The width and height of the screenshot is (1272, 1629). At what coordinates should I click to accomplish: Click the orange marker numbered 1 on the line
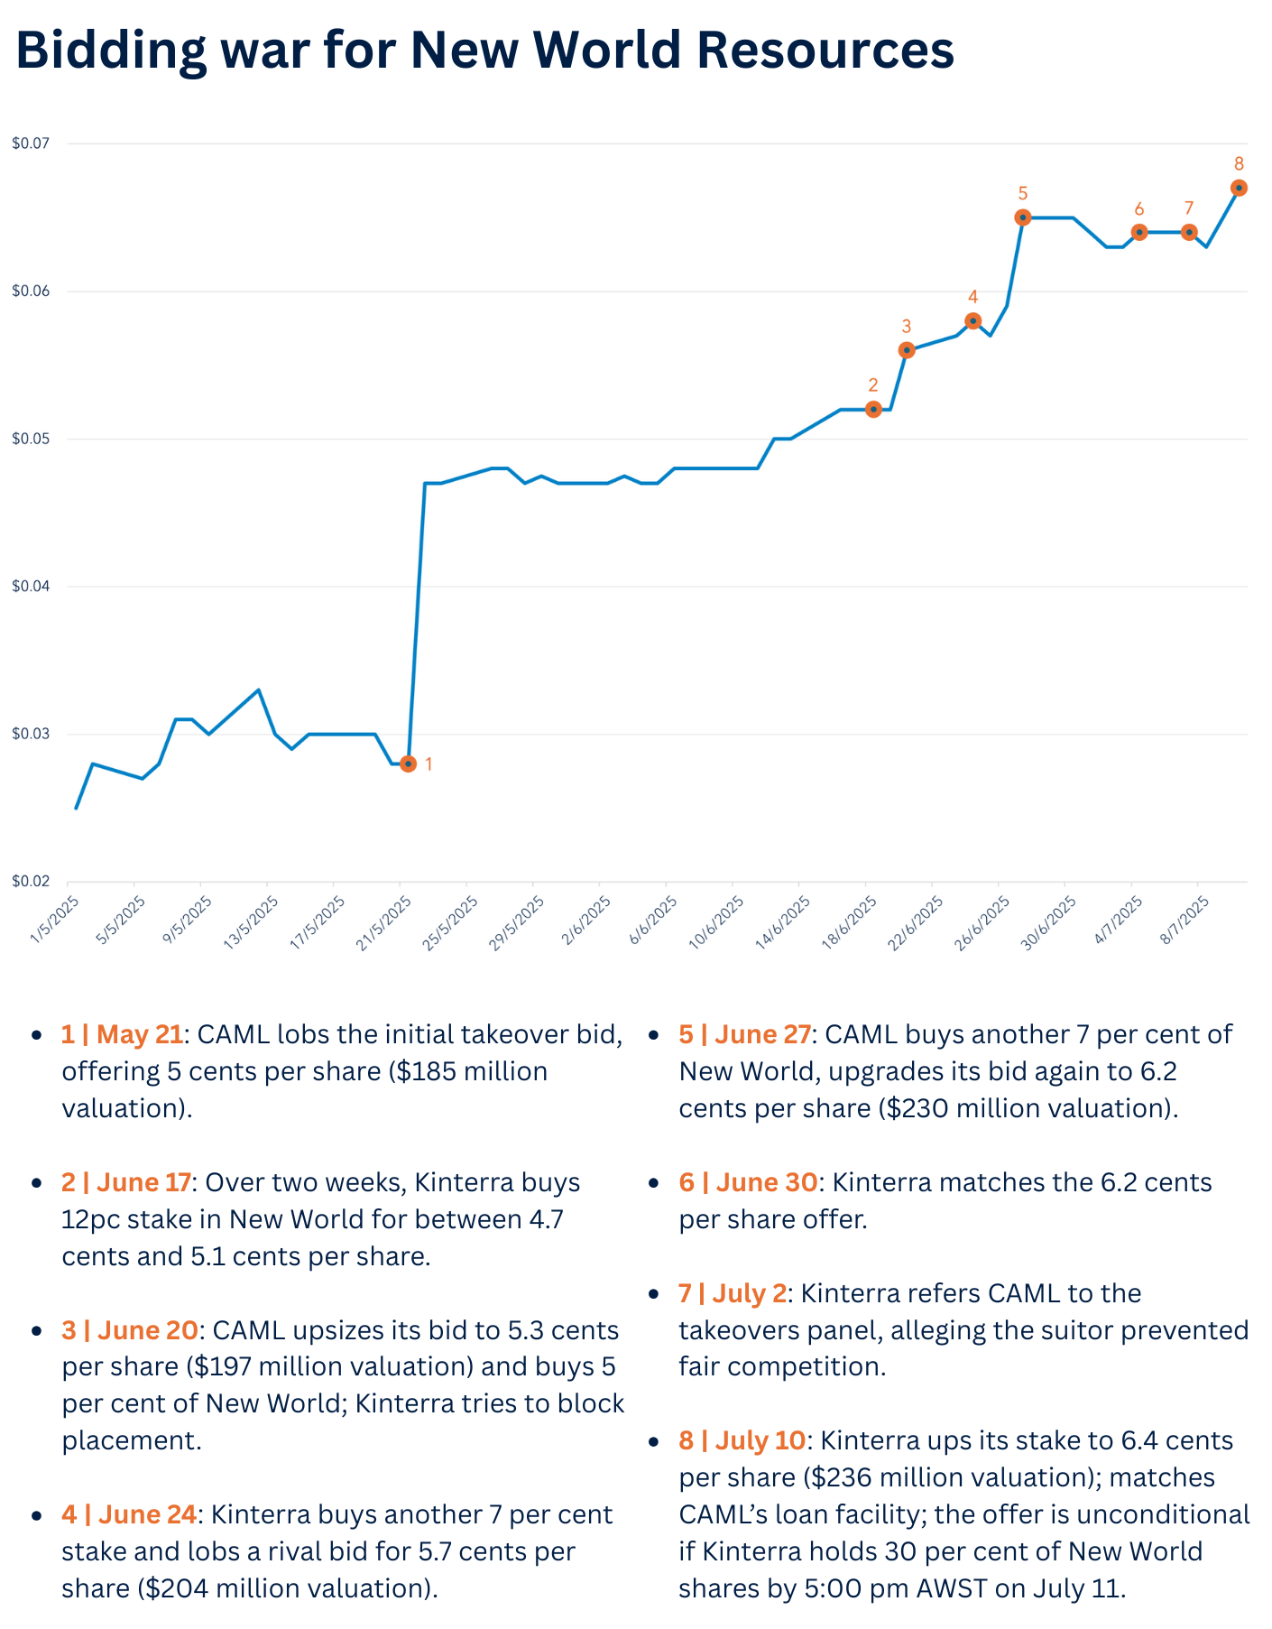tap(408, 764)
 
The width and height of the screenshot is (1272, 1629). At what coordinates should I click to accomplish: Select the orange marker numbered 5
tap(1022, 218)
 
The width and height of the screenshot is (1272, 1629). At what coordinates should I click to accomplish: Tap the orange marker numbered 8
tap(1239, 188)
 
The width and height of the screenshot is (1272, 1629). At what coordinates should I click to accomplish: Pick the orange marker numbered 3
tap(907, 350)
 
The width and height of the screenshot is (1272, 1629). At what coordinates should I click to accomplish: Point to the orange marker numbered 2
tap(872, 409)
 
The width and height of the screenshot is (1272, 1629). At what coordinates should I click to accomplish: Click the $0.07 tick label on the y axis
tap(32, 143)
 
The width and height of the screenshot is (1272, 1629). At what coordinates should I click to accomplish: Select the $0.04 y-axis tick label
tap(32, 587)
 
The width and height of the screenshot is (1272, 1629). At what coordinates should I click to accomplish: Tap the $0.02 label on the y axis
tap(32, 882)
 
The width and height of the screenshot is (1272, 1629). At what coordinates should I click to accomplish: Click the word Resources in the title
tap(825, 51)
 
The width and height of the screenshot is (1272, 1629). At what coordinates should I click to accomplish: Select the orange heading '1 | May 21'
tap(123, 1034)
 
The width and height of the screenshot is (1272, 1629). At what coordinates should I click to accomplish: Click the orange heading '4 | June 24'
tap(129, 1514)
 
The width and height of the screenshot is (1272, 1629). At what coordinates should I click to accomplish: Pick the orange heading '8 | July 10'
tap(742, 1440)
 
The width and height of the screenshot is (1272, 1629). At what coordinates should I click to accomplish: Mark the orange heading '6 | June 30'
tap(748, 1182)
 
